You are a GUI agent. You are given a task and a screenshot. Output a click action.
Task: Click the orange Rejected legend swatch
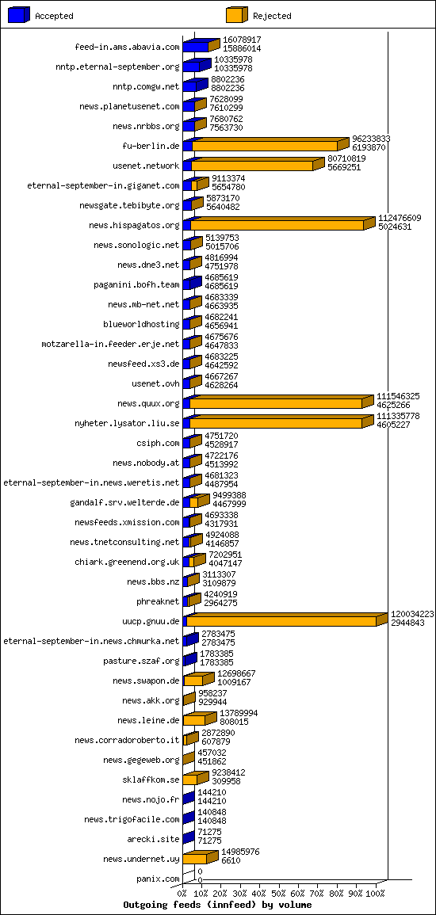236,15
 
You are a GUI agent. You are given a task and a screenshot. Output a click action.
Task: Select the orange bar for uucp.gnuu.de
287,620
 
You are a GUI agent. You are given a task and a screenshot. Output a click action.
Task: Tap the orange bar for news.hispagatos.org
283,223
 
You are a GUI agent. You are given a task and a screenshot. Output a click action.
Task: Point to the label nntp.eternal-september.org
129,67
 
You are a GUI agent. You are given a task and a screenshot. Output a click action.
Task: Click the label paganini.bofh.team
136,284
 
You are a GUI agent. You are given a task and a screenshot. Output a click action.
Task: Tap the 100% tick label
376,894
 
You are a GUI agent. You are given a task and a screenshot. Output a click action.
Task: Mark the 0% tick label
182,894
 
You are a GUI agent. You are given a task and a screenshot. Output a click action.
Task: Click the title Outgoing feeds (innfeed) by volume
217,905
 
